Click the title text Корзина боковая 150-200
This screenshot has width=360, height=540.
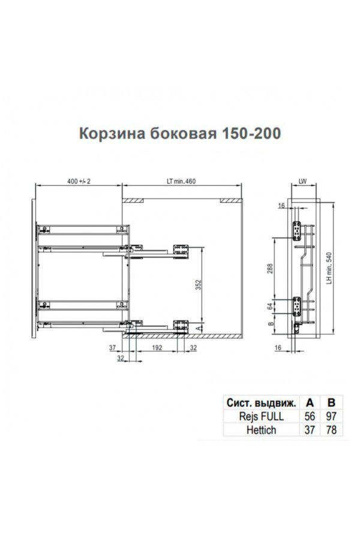pos(180,134)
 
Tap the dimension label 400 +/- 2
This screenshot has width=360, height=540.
pos(79,181)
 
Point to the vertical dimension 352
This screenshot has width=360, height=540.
pos(198,284)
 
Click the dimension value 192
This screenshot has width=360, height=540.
pos(157,347)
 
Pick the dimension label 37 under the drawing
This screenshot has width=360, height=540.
pos(113,347)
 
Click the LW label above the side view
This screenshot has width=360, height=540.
pos(302,181)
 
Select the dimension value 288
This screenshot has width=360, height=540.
pos(270,269)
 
